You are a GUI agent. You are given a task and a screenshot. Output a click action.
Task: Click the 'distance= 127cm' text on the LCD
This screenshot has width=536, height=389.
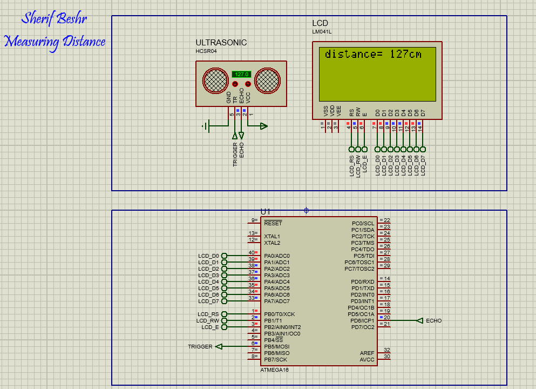[373, 55]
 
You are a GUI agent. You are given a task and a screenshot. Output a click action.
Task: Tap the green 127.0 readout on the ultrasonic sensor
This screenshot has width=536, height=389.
[241, 75]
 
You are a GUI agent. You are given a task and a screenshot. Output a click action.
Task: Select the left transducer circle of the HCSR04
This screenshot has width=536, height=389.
[215, 81]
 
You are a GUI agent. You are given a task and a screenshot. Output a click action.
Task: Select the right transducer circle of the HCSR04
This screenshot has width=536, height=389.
[268, 81]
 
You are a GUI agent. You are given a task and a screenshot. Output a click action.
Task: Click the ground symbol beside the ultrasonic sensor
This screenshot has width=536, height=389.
[206, 126]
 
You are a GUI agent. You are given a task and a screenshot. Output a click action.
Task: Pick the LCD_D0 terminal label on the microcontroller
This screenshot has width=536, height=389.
[208, 256]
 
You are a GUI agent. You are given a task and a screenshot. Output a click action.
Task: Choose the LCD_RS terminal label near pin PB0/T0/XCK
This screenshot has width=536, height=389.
[208, 314]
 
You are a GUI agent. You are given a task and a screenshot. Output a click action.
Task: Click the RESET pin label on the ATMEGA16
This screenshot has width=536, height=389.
[273, 224]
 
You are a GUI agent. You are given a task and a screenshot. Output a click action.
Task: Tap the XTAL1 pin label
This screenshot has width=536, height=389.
[272, 237]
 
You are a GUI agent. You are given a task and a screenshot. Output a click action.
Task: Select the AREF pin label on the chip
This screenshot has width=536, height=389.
[367, 353]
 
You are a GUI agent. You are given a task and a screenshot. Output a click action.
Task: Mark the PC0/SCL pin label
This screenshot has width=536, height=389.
[363, 224]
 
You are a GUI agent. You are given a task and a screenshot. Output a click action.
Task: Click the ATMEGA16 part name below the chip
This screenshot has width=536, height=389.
[274, 370]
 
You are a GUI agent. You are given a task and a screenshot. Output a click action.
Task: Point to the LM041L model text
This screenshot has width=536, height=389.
[322, 32]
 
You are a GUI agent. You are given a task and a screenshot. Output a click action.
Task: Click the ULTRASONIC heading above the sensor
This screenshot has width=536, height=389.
[221, 43]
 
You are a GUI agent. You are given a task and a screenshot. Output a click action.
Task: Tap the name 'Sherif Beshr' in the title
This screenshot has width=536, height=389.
[54, 19]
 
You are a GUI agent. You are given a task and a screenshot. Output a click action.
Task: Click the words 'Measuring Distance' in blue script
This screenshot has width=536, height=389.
[55, 42]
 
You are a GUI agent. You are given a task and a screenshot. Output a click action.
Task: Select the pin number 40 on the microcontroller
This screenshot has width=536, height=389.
[252, 253]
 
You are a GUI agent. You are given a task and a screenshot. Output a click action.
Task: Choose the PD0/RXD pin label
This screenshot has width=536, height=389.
[362, 282]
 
